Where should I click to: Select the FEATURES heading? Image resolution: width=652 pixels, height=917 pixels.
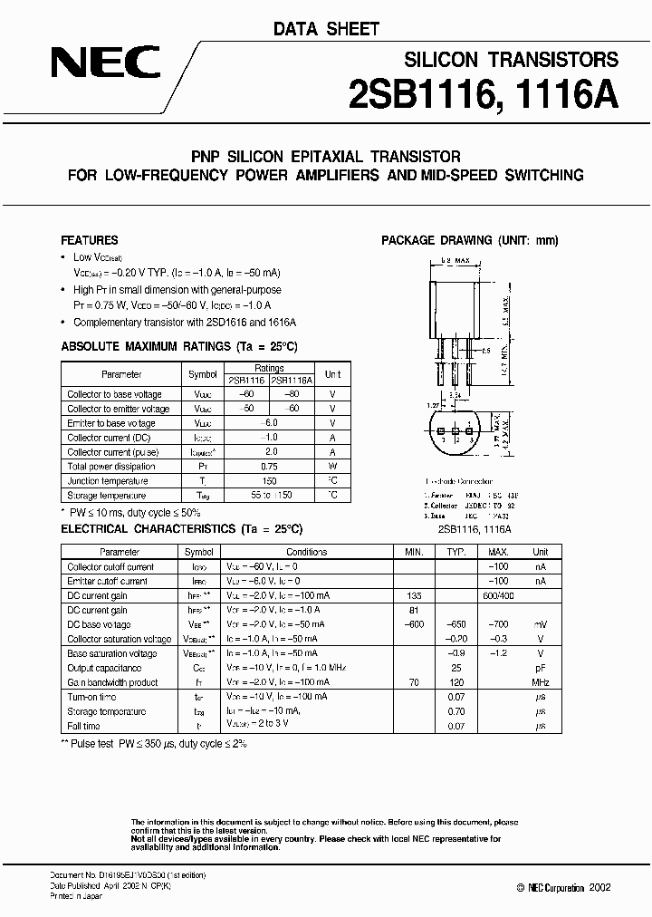tap(89, 241)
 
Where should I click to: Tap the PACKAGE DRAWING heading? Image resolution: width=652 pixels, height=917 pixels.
tap(469, 241)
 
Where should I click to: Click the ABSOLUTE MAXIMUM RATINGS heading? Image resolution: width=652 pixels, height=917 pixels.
tap(178, 347)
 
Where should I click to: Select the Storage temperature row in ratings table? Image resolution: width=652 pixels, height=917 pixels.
tap(106, 496)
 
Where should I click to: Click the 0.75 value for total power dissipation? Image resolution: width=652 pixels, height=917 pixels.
tap(270, 467)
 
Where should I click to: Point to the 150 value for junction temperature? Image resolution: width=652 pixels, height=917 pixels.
tap(270, 481)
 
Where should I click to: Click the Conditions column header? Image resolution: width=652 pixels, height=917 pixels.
tap(306, 552)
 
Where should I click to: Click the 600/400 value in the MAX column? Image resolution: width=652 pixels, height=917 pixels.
tap(494, 595)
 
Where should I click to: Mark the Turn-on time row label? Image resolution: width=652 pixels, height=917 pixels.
tap(91, 697)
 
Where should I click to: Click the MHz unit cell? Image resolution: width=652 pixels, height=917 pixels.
tap(540, 682)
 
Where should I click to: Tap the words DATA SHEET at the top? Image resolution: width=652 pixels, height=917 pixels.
tap(326, 29)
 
